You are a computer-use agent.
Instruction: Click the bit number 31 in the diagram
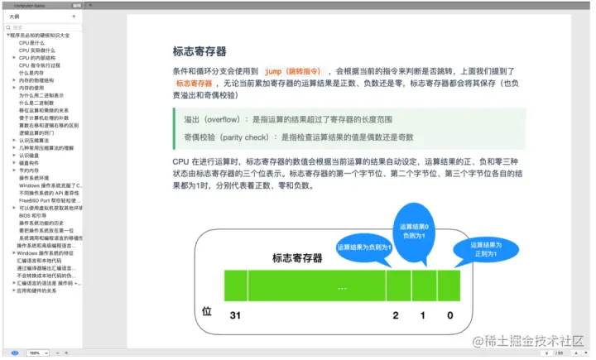coord(234,315)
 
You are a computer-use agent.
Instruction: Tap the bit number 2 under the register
coord(395,315)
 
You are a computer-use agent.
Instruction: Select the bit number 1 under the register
coord(422,315)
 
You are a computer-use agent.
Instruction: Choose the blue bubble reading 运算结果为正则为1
coord(486,248)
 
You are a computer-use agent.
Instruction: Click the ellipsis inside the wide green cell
coord(341,287)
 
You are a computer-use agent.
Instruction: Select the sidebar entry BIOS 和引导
coord(36,214)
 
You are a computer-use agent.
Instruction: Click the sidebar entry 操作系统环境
coord(33,178)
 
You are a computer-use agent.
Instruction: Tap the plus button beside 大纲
coord(74,16)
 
